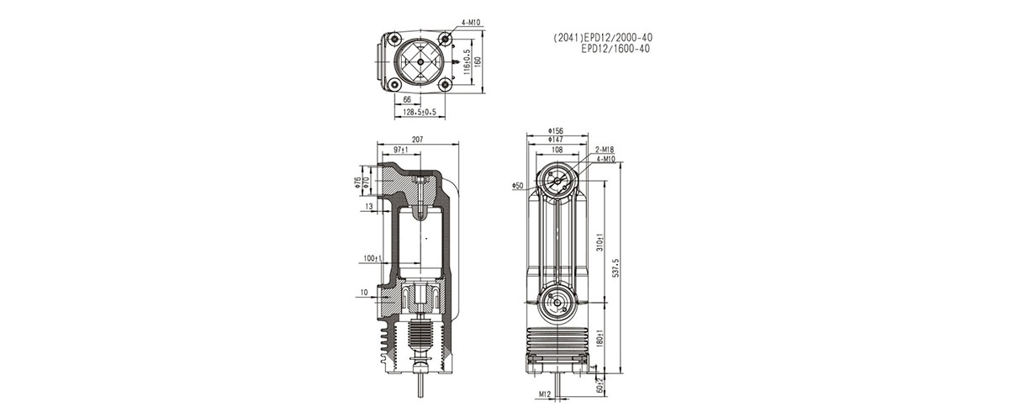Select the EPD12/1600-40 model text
point(615,49)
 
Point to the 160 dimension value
point(478,61)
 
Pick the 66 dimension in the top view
point(407,99)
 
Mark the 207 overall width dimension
point(417,139)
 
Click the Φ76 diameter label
point(357,181)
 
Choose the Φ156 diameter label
point(555,131)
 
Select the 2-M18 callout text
point(603,150)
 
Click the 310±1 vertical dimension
point(598,244)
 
